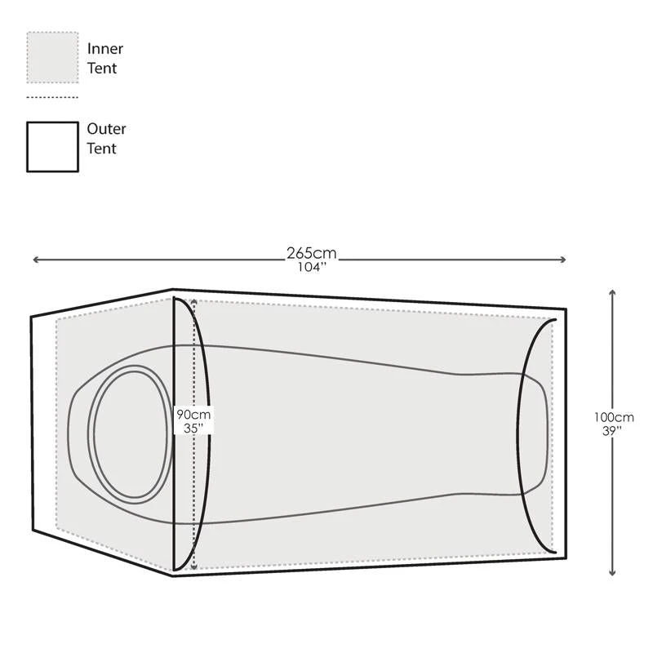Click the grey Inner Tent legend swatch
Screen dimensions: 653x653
[x=52, y=57]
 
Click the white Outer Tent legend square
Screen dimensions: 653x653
[x=52, y=147]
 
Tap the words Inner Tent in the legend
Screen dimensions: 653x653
[x=104, y=59]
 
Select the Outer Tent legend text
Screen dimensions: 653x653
[x=106, y=139]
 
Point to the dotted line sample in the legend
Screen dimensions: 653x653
[x=52, y=97]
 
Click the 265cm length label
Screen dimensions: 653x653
[x=311, y=253]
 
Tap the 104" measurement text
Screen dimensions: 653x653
[x=311, y=267]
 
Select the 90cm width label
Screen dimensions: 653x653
[x=193, y=414]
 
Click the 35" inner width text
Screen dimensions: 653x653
[x=193, y=427]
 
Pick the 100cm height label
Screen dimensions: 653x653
[x=614, y=417]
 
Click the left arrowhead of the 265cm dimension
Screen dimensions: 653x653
[x=35, y=260]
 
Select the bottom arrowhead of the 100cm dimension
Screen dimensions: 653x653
[x=612, y=573]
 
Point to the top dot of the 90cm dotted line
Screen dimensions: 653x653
[x=193, y=302]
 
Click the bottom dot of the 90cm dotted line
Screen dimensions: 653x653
[x=193, y=565]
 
